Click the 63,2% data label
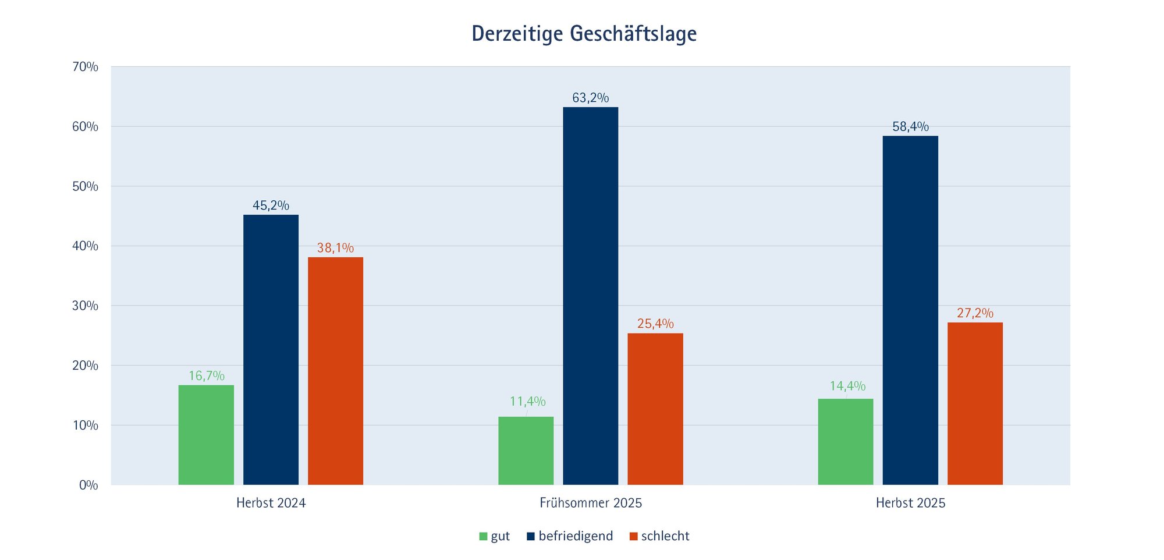click(x=590, y=98)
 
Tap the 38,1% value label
click(x=335, y=248)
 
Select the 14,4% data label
click(x=847, y=386)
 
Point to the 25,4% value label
click(x=655, y=324)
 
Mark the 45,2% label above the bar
click(x=271, y=205)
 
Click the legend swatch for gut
click(x=483, y=536)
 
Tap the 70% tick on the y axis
click(x=85, y=67)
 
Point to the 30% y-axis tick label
click(x=85, y=306)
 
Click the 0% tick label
click(x=88, y=485)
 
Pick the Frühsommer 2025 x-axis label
click(x=590, y=503)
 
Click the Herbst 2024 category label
click(x=271, y=503)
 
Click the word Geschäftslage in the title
click(x=633, y=34)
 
